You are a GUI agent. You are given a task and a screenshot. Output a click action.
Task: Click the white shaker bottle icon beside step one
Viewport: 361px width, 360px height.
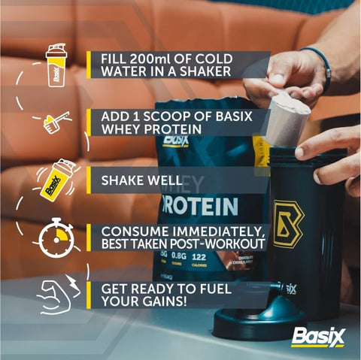tap(56, 65)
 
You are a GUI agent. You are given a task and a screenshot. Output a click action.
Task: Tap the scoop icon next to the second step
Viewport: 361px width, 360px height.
tap(56, 123)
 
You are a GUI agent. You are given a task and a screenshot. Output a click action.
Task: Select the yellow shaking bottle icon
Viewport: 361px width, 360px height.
tap(56, 180)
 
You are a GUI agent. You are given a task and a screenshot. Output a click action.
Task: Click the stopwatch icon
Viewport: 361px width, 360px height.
tap(56, 238)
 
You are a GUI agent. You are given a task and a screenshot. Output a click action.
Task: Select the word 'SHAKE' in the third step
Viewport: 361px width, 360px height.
tap(122, 180)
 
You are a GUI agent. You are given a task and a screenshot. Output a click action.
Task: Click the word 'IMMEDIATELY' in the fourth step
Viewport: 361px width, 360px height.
tap(219, 231)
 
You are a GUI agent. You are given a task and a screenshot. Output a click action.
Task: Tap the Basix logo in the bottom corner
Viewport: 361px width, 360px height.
tap(318, 337)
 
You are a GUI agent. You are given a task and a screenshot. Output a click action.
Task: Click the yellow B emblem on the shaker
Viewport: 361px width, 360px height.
tap(289, 224)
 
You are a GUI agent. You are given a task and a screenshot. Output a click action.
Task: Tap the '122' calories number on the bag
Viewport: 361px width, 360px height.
tap(199, 257)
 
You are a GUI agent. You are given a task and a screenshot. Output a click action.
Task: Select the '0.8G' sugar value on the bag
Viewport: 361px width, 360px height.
tap(179, 256)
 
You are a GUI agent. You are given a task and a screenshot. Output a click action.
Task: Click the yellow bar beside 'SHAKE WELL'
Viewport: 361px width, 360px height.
tap(89, 180)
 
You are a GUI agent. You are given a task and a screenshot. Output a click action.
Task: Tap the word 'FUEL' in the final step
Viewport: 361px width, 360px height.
tap(215, 289)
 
